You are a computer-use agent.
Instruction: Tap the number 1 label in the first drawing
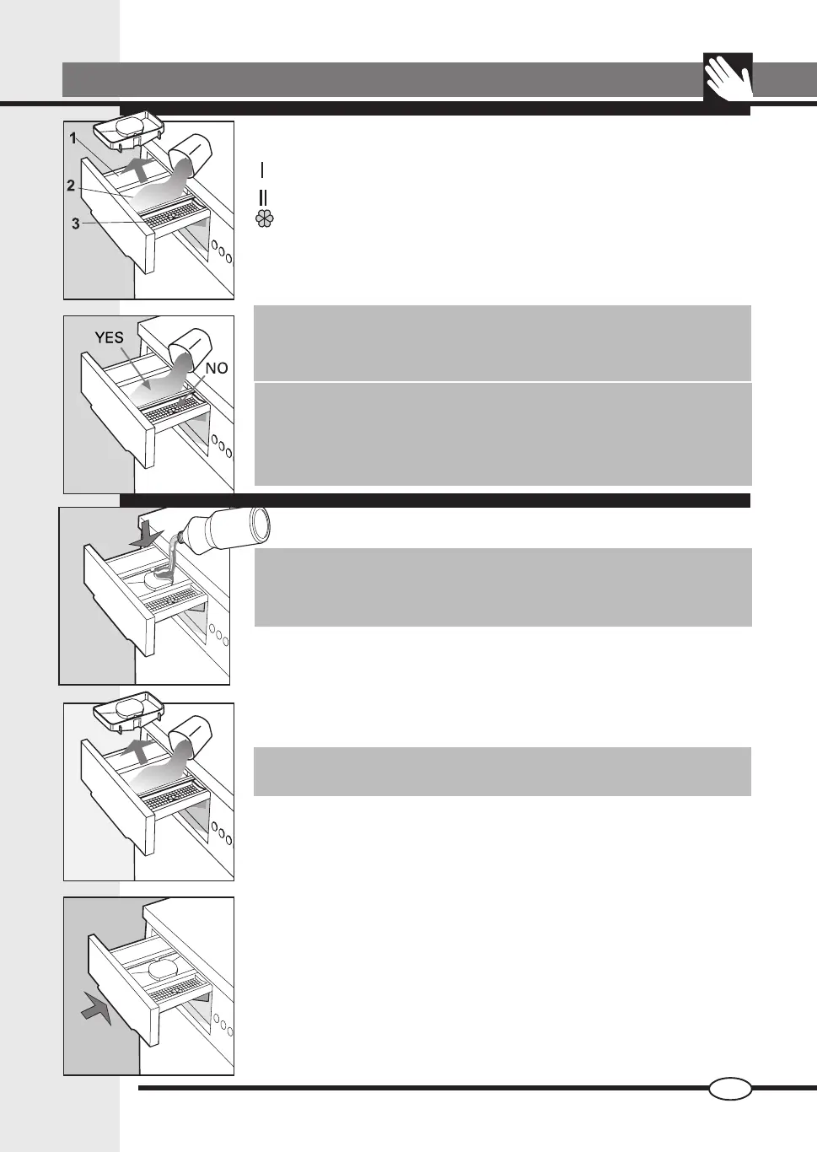click(x=74, y=138)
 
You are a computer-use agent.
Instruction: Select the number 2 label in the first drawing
click(x=72, y=186)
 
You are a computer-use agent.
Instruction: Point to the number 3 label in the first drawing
click(x=75, y=223)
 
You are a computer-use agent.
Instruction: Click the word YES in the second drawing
click(x=109, y=337)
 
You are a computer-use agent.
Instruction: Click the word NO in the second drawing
click(x=217, y=369)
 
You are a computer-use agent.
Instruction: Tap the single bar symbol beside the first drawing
click(x=263, y=170)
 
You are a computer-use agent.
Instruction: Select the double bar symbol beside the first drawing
click(x=263, y=198)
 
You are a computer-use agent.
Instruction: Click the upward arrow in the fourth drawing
click(x=135, y=750)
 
